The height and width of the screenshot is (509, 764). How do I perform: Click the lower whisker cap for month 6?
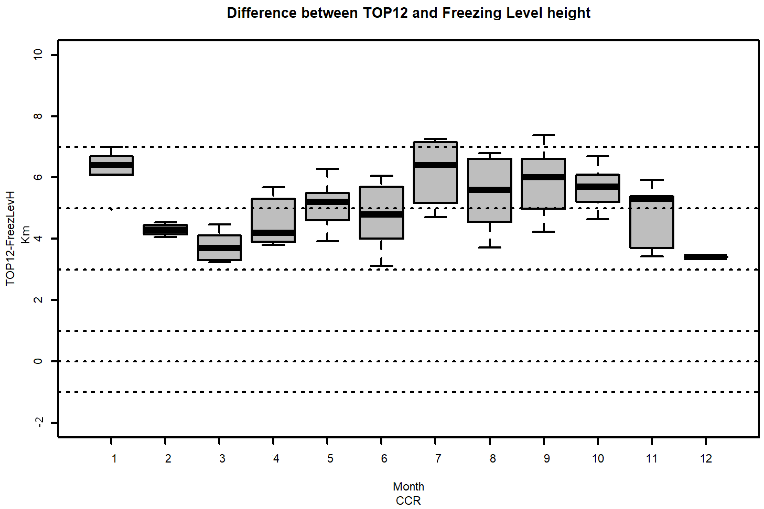(381, 266)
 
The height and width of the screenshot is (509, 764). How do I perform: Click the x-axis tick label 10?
(598, 459)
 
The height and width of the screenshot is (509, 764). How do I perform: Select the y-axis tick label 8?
(38, 116)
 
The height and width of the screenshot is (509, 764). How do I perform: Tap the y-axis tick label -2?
(38, 422)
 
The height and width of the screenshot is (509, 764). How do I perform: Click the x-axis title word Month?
(408, 487)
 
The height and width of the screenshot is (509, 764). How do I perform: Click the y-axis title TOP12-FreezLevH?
(11, 239)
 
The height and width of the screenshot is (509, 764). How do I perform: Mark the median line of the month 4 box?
(273, 233)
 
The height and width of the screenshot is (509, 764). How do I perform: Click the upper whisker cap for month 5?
(327, 169)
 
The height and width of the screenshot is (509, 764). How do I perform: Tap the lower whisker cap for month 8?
(489, 247)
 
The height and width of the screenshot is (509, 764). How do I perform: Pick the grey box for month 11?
(651, 227)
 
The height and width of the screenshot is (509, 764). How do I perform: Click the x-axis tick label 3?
(222, 459)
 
